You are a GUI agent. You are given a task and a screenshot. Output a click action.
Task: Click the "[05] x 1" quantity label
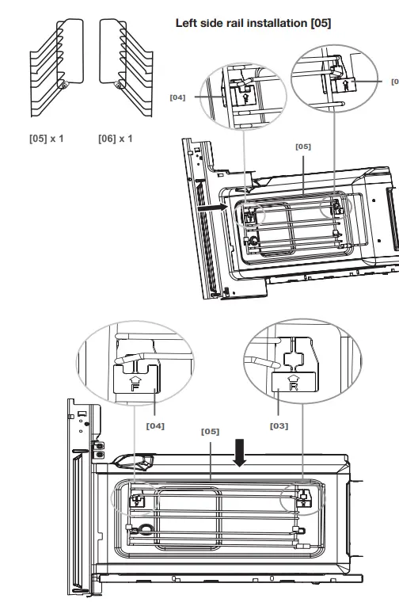point(47,139)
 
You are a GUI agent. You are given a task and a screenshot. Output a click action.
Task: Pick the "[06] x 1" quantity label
point(116,139)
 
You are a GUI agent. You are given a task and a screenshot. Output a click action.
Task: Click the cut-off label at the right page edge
point(395,80)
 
